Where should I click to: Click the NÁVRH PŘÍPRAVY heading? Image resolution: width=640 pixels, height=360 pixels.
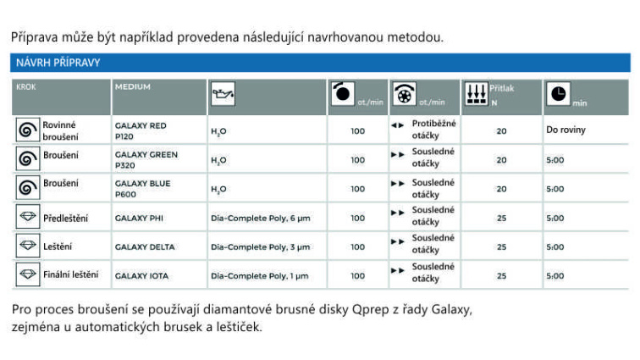58,63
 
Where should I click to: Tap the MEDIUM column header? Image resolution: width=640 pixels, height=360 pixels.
133,86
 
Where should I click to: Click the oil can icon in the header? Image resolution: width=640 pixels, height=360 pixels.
222,97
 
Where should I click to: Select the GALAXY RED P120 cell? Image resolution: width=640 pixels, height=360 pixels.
141,130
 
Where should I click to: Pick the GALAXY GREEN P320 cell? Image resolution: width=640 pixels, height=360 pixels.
146,159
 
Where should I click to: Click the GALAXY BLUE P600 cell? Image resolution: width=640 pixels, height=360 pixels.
142,188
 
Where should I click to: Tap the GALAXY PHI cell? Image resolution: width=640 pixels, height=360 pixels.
140,218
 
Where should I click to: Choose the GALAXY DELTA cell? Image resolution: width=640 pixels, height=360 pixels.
145,247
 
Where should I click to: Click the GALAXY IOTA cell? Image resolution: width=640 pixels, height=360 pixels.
142,276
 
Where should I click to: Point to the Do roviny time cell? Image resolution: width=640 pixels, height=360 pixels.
566,130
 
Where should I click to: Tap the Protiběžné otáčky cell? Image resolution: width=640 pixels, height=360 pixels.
433,130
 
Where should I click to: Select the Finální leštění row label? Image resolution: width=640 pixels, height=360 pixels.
70,274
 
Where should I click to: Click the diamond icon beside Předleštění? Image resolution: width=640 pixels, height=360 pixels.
28,218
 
